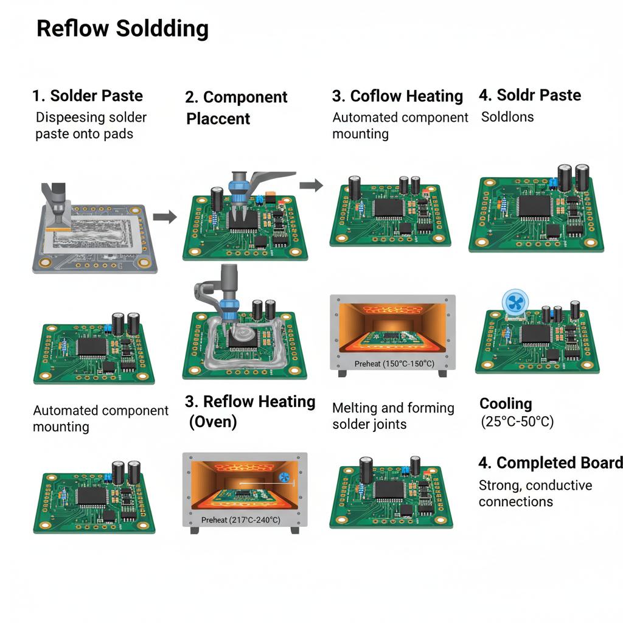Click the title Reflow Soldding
(122, 29)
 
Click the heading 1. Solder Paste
(88, 96)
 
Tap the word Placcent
(218, 119)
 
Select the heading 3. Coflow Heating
(397, 96)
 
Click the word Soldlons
(507, 116)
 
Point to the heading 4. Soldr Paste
(529, 95)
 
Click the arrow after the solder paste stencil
(164, 216)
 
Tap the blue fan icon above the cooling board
(517, 302)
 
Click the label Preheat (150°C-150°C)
(394, 364)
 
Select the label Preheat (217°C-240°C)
(240, 520)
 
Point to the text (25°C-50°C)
(517, 421)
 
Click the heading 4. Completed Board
(551, 462)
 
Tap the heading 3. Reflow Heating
(250, 402)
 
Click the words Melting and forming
(393, 408)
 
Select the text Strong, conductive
(535, 486)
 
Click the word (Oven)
(212, 422)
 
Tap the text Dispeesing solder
(91, 117)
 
